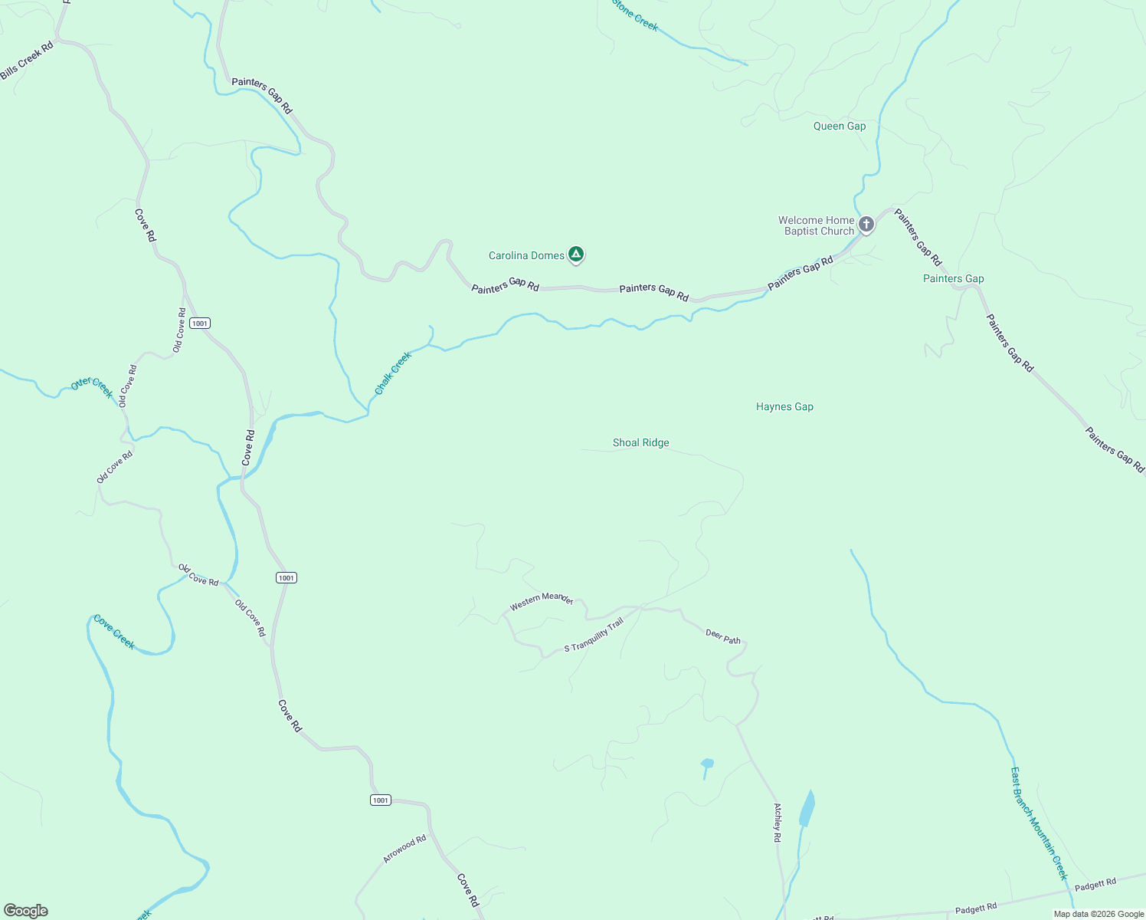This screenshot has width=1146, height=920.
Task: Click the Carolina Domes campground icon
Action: coord(576,255)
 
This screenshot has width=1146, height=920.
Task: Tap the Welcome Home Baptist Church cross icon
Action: coord(866,224)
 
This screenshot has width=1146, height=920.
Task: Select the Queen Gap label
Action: coord(840,127)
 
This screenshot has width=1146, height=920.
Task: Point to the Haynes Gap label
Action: coord(784,407)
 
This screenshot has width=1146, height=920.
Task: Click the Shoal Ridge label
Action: coord(641,443)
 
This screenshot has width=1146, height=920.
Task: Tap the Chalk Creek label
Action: coord(393,373)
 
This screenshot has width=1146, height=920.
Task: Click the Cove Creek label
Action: coord(114,632)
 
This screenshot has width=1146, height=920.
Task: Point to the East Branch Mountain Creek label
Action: coord(1039,823)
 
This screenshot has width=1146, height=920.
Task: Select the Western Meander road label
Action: coord(542,600)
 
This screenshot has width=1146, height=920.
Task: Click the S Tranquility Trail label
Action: coord(594,636)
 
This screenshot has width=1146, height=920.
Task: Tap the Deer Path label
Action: coord(723,636)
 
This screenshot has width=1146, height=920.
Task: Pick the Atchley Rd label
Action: coord(778,823)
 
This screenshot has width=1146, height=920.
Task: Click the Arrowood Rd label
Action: coord(404,849)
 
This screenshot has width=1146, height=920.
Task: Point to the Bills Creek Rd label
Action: coord(27,61)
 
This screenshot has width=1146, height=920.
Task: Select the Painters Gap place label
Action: coord(954,279)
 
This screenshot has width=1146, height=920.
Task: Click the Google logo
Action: coord(26,911)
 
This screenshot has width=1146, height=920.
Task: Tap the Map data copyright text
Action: coord(1099,914)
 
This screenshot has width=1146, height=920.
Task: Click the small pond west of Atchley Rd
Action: coord(707,764)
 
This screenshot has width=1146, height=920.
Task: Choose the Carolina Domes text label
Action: coord(526,256)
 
